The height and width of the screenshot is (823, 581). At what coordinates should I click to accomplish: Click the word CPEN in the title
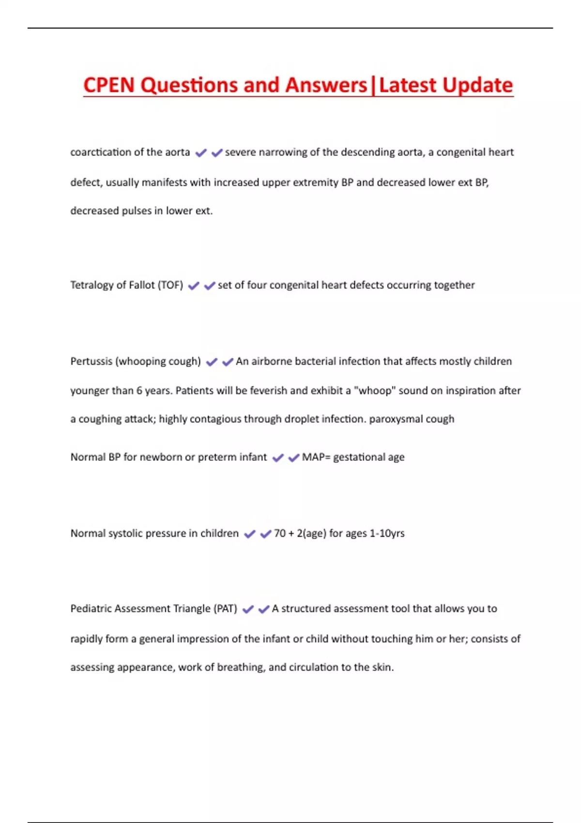(x=109, y=85)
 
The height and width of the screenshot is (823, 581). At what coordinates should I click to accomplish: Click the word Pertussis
(x=91, y=361)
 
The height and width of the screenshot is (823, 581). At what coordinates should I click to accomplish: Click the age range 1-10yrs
(x=387, y=533)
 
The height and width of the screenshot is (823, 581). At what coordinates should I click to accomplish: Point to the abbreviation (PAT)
(x=225, y=609)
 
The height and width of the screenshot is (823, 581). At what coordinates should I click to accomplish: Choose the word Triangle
(x=189, y=609)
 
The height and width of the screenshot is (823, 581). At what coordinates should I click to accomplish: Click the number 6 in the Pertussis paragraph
(x=139, y=391)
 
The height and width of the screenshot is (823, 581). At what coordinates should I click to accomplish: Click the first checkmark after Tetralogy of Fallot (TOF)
(x=194, y=286)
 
